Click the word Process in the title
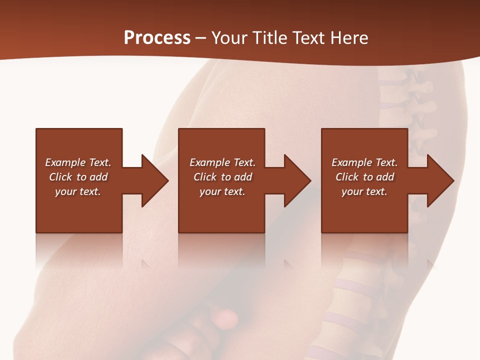[157, 38]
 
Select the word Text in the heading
[308, 38]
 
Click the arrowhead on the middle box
[297, 180]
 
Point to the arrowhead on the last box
[440, 180]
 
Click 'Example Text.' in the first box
[78, 162]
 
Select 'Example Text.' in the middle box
[222, 162]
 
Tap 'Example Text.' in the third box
[364, 162]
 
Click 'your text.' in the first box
[78, 191]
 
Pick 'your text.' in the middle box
[222, 191]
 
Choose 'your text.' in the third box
[364, 191]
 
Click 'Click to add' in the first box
[78, 177]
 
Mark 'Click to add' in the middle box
[222, 177]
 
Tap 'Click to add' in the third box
[364, 177]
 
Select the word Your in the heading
[228, 38]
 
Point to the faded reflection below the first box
[79, 250]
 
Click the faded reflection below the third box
[364, 250]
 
